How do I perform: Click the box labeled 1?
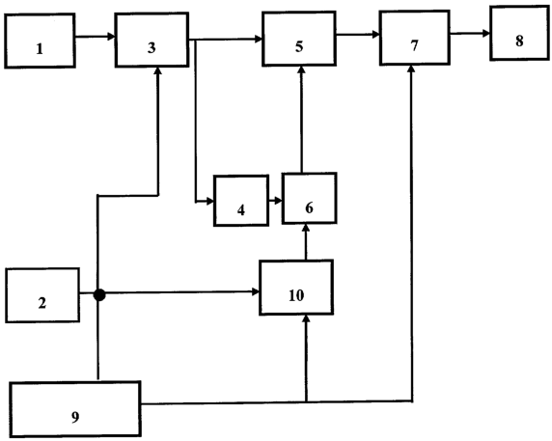click(40, 41)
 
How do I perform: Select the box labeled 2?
click(42, 295)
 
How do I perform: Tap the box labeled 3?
click(152, 40)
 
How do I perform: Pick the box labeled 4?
click(241, 201)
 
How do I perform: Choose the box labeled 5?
click(299, 39)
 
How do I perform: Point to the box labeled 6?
click(309, 198)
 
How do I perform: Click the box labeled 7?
click(414, 38)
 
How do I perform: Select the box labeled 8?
click(519, 34)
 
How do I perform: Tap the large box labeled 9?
click(75, 409)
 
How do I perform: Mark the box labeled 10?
click(296, 288)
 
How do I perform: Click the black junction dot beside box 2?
click(99, 295)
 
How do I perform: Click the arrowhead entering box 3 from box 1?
click(112, 37)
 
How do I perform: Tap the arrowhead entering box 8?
click(486, 34)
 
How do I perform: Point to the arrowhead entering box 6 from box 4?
click(279, 201)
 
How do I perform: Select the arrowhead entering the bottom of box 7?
click(411, 69)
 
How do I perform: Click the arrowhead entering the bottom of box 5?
click(301, 69)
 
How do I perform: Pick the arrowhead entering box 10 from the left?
click(256, 291)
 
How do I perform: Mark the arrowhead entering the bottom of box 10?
click(306, 318)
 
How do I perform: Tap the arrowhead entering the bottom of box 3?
click(158, 70)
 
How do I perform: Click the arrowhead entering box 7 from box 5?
click(375, 35)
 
